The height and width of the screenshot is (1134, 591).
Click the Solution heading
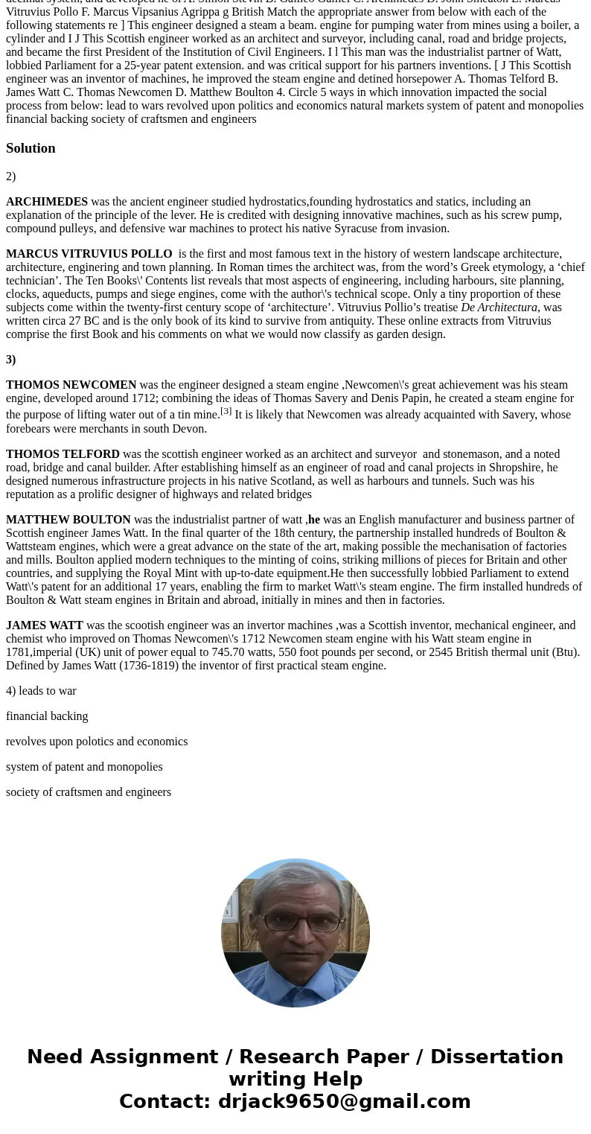click(x=31, y=148)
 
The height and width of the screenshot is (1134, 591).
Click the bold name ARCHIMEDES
click(x=47, y=202)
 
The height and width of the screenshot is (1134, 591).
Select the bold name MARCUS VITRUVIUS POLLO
click(x=89, y=254)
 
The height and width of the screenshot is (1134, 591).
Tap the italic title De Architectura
click(x=499, y=308)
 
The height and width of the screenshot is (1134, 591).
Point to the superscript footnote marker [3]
click(x=226, y=411)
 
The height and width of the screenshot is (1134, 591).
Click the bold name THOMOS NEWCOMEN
click(x=71, y=385)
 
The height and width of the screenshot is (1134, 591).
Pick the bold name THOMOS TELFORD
click(x=63, y=454)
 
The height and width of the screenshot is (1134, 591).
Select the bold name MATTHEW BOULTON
click(x=68, y=520)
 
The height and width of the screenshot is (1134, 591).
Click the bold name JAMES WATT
click(x=45, y=625)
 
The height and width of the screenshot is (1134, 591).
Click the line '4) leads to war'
click(x=41, y=691)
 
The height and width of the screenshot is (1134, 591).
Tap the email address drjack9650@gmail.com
click(x=344, y=1101)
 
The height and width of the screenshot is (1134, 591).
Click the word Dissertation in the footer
click(x=496, y=1057)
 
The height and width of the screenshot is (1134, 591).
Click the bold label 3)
click(x=11, y=360)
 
